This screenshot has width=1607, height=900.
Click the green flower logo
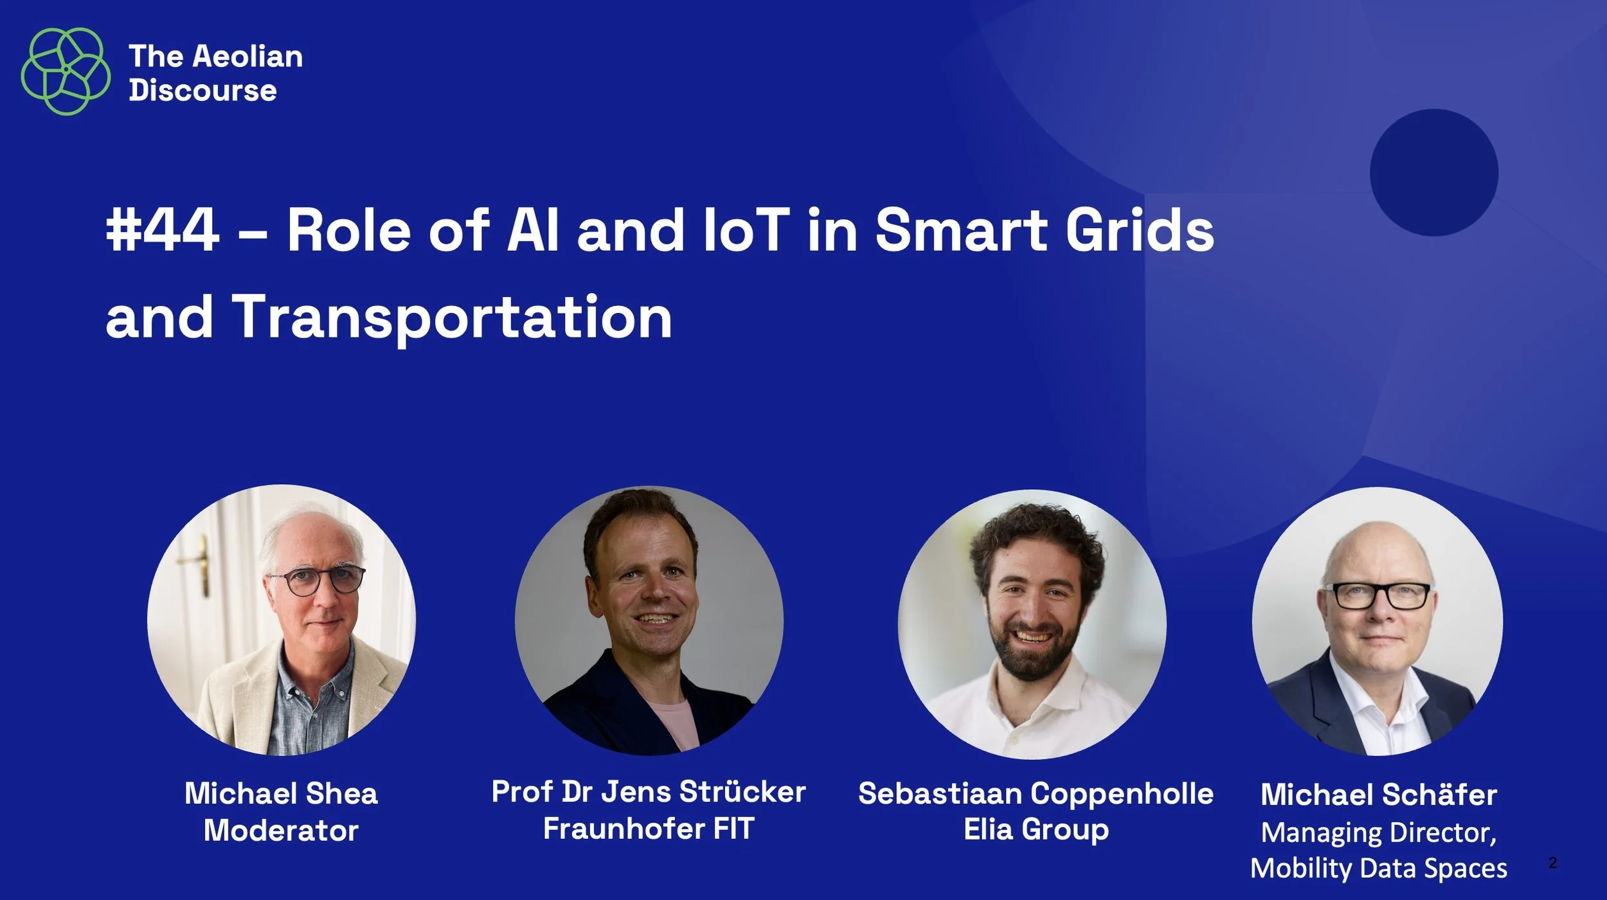pos(66,71)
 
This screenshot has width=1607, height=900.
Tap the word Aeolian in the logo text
pos(247,57)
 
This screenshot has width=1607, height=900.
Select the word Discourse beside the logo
pos(202,90)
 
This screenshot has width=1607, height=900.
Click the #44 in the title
pos(163,230)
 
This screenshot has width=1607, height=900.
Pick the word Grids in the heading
pos(1140,230)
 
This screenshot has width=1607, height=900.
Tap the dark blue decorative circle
pos(1433,172)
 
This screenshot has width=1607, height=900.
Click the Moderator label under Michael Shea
pos(281,831)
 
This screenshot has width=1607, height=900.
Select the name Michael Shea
pos(281,793)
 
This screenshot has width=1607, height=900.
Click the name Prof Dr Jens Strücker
pos(648,791)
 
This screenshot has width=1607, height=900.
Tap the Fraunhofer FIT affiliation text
pos(648,829)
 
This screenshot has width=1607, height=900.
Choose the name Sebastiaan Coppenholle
pos(1036,793)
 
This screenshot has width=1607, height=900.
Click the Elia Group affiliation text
pos(1036,829)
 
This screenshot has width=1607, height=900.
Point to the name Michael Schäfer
pos(1379,795)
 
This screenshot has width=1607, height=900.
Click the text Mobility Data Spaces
pos(1379,869)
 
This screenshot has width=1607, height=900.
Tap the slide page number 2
pos(1552,863)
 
